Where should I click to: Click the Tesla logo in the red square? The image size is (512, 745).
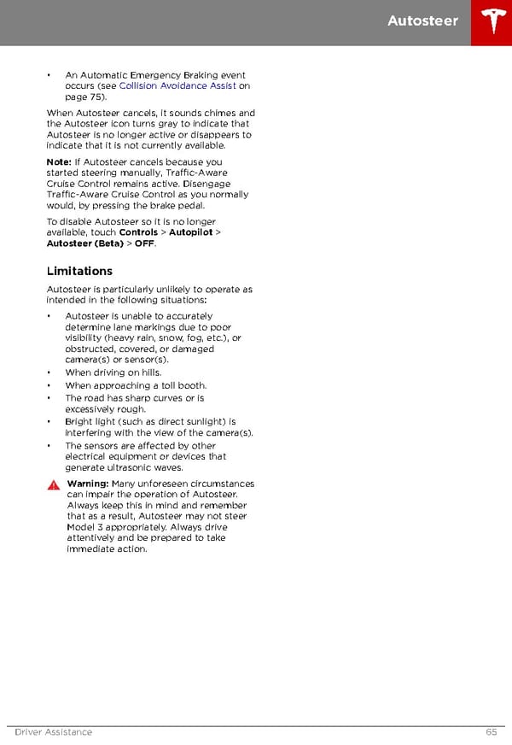(492, 22)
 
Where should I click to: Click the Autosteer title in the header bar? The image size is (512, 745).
(422, 21)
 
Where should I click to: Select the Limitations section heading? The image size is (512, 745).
(79, 271)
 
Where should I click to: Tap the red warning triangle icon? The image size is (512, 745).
(54, 484)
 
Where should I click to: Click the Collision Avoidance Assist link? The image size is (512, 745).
(177, 86)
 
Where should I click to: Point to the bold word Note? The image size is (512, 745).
(59, 161)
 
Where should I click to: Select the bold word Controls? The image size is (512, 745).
(138, 232)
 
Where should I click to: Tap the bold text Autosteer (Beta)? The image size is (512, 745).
(84, 243)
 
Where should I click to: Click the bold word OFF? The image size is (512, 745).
(144, 243)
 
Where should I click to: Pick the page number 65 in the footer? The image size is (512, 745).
(492, 732)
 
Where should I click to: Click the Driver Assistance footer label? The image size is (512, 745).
(54, 732)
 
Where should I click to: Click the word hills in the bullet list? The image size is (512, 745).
(148, 372)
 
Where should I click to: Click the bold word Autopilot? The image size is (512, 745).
(191, 232)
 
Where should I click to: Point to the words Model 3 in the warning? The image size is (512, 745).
(84, 527)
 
